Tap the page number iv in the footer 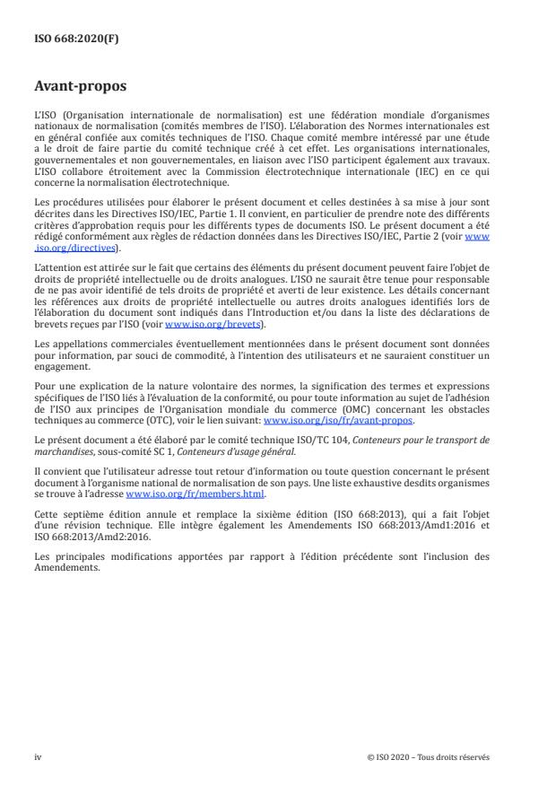[x=38, y=756]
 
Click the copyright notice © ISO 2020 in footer [x=429, y=756]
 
